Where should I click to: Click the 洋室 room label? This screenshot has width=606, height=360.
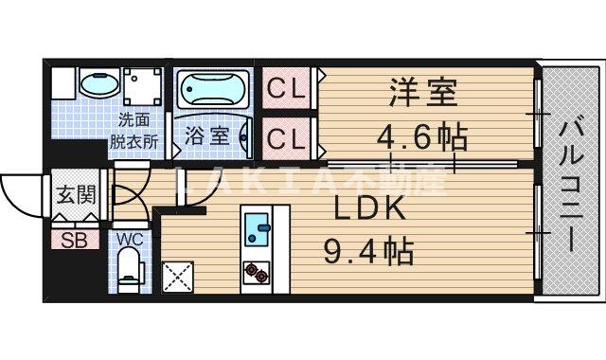[x=423, y=95]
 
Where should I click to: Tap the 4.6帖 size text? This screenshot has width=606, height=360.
[x=423, y=138]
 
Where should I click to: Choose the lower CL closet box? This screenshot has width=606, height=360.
[x=286, y=137]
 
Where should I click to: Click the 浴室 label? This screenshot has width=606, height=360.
[x=206, y=135]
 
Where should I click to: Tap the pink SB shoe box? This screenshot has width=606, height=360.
[x=74, y=240]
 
